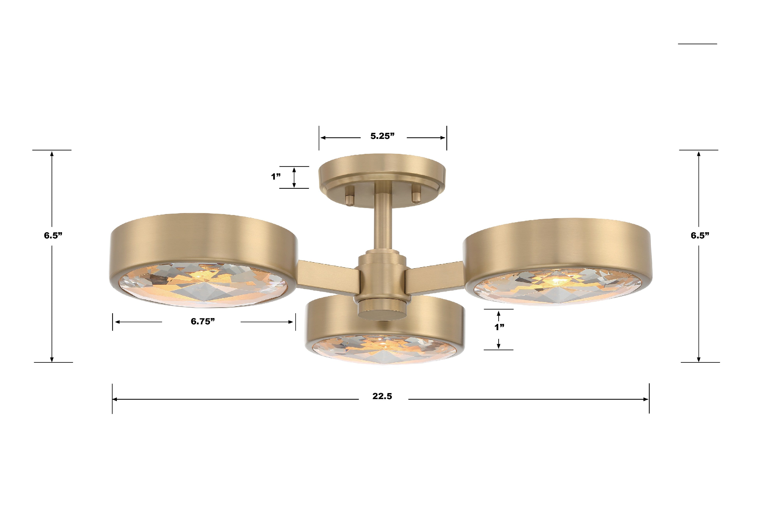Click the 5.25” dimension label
382,136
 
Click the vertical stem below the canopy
382,226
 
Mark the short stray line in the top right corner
697,43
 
